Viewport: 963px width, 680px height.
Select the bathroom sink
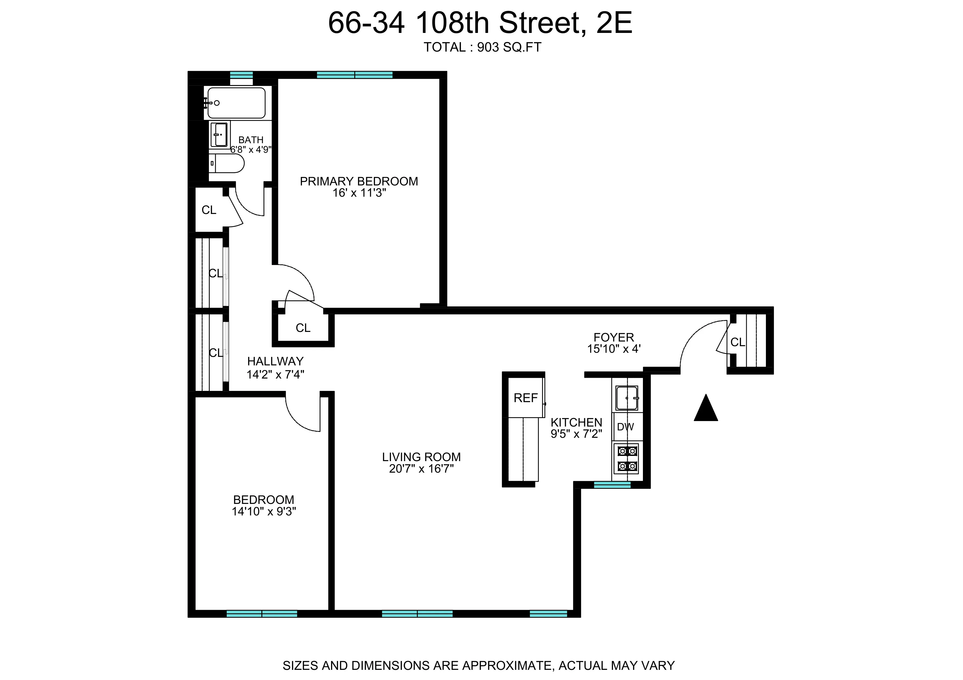click(x=219, y=134)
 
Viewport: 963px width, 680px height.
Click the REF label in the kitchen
click(x=525, y=398)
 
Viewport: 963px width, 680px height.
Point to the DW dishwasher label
click(x=625, y=427)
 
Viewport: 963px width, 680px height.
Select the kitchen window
click(x=612, y=485)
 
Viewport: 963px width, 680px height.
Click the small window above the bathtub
click(x=242, y=75)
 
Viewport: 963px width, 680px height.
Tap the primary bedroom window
click(x=354, y=75)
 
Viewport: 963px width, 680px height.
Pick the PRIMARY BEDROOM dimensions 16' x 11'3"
click(x=359, y=193)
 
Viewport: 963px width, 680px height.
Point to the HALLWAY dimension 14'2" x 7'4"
click(x=275, y=375)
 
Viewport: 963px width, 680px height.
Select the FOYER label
click(x=613, y=337)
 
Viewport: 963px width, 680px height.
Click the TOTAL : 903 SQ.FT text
click(x=482, y=47)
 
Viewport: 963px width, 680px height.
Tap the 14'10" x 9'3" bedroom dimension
click(x=264, y=512)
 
